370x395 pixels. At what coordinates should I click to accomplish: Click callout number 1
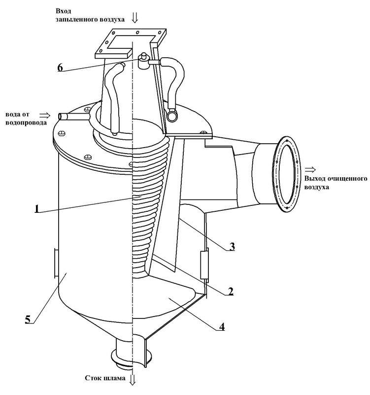pyautogui.click(x=37, y=209)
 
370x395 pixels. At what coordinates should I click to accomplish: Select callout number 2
pyautogui.click(x=230, y=291)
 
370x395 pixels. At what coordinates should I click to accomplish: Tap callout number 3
pyautogui.click(x=232, y=246)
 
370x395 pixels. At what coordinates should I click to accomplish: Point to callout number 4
pyautogui.click(x=221, y=327)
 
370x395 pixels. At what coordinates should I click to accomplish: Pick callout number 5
pyautogui.click(x=28, y=319)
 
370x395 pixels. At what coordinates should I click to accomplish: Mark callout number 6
pyautogui.click(x=60, y=68)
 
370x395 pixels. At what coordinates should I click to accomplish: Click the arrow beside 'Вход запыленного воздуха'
pyautogui.click(x=135, y=18)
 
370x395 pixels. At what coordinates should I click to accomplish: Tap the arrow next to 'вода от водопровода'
pyautogui.click(x=45, y=116)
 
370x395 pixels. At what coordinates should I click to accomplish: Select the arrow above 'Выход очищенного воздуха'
pyautogui.click(x=310, y=169)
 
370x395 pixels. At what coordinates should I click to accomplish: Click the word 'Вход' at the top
pyautogui.click(x=64, y=11)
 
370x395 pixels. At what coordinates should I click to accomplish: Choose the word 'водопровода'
pyautogui.click(x=26, y=122)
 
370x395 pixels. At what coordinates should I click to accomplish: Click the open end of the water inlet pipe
pyautogui.click(x=61, y=117)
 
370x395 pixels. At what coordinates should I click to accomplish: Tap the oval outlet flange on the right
pyautogui.click(x=287, y=174)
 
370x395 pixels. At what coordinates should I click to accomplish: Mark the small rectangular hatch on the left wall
pyautogui.click(x=56, y=263)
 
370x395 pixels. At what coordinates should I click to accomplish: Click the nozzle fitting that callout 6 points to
pyautogui.click(x=143, y=61)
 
